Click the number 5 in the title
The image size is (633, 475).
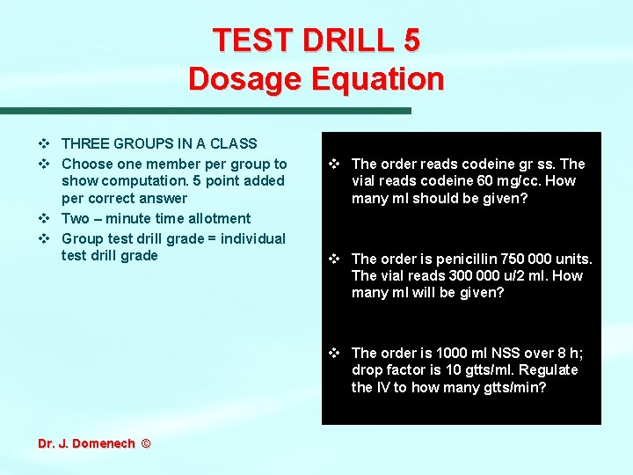[409, 40]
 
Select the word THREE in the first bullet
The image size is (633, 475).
[85, 143]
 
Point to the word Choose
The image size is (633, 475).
[87, 164]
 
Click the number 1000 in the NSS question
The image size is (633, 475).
[460, 353]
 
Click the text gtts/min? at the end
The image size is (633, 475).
[513, 387]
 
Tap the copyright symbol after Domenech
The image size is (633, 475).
[145, 443]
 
